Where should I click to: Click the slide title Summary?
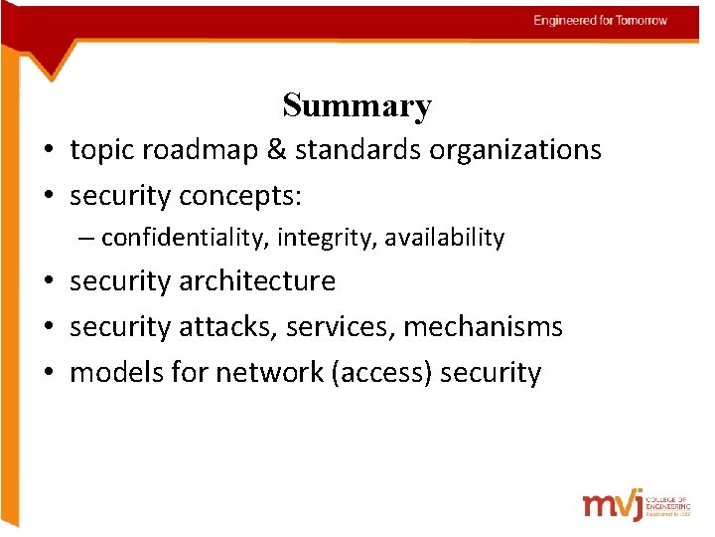[357, 105]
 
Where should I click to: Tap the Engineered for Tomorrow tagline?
[600, 20]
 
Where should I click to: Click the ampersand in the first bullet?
[276, 150]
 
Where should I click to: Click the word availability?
[445, 239]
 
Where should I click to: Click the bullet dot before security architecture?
[48, 282]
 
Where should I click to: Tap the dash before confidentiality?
[88, 239]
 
